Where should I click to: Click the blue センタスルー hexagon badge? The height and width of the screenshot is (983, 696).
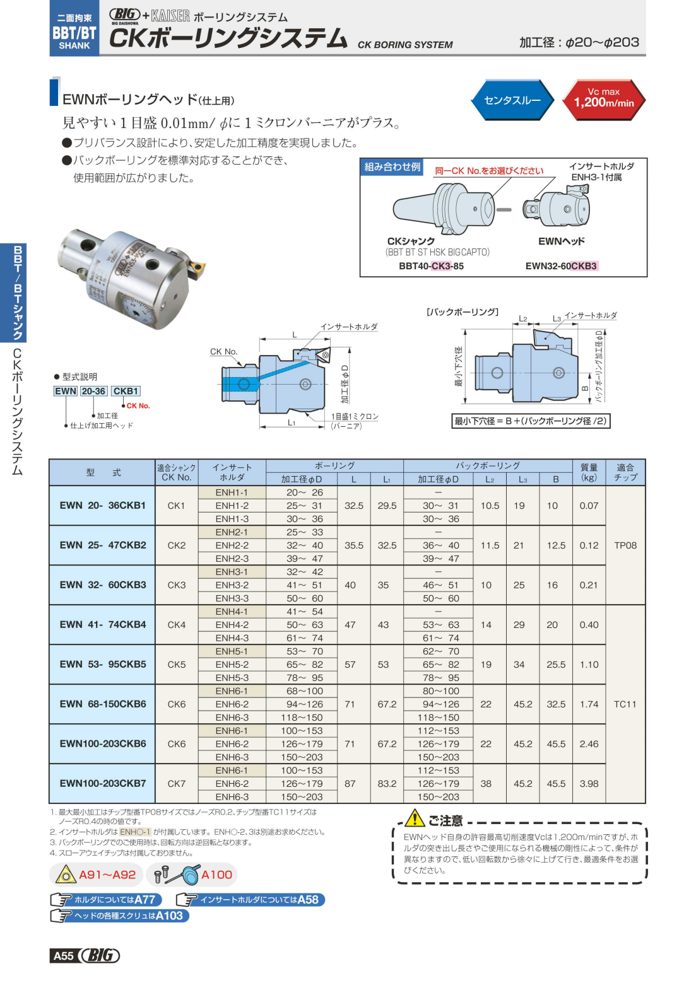click(512, 100)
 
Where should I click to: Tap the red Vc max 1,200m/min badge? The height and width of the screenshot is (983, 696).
click(604, 100)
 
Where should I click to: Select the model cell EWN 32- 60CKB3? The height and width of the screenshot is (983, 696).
click(102, 585)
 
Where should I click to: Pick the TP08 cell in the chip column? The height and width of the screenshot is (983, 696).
click(625, 545)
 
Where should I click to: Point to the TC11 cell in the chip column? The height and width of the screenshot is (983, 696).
click(625, 704)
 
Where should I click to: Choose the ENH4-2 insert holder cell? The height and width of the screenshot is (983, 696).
click(232, 624)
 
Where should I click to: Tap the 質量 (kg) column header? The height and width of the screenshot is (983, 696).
click(589, 473)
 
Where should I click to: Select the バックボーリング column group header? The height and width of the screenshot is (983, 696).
click(487, 466)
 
